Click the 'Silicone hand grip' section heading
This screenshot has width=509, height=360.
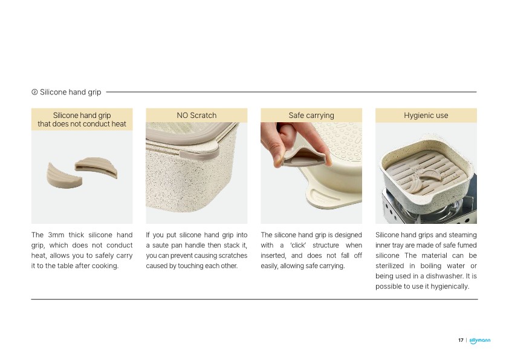71,93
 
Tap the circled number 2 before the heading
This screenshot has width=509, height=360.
34,93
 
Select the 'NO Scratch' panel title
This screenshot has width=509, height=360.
196,116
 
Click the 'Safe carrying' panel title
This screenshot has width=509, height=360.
311,116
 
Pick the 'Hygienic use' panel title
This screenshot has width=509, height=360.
426,116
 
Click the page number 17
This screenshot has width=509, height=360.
461,340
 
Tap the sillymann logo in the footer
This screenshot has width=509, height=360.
480,341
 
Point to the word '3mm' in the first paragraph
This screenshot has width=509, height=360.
56,235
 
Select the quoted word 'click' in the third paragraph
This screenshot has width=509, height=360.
298,245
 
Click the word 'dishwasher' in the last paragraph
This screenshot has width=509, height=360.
444,276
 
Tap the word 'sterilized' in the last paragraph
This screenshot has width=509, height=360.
389,266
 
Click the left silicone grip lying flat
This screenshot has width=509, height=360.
64,176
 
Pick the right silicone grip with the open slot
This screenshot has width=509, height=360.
96,168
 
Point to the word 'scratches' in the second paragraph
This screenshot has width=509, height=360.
232,256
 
